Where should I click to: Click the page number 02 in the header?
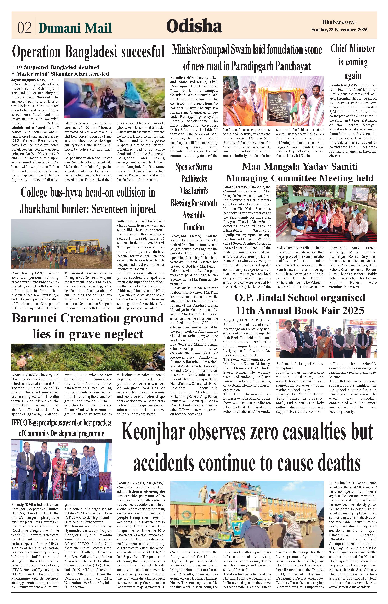[x=24, y=28]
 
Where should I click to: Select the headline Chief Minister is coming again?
[x=353, y=62]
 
